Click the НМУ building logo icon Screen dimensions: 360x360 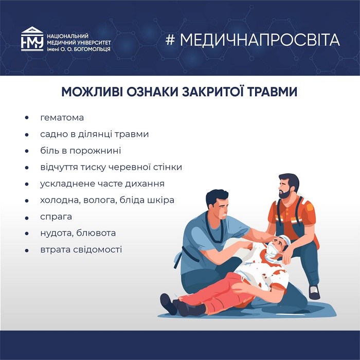click(32, 39)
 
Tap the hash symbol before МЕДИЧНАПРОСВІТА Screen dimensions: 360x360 click(170, 40)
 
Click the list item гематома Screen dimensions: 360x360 click(62, 118)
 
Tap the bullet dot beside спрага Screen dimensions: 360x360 click(27, 218)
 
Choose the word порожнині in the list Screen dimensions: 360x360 click(95, 151)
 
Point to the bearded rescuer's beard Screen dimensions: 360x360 click(286, 194)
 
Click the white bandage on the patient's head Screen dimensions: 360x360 click(285, 240)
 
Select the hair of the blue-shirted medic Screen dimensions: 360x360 click(217, 197)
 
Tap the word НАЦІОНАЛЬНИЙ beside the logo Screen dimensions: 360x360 click(67, 36)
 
